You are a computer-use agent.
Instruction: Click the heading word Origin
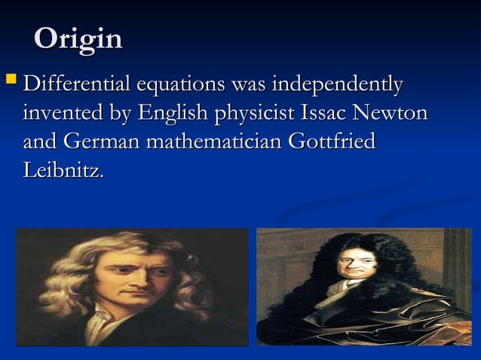coord(78,39)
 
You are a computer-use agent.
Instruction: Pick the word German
coord(101,142)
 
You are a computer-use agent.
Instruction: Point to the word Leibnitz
coord(63,170)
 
